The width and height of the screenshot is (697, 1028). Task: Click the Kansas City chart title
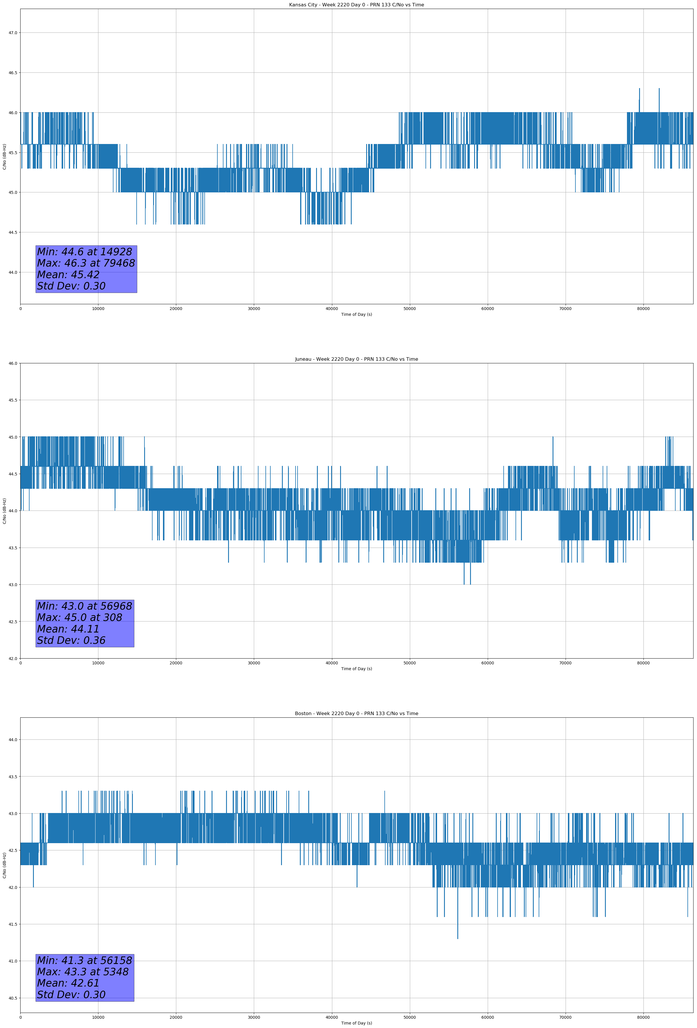point(356,5)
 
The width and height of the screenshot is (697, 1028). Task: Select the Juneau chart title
point(356,359)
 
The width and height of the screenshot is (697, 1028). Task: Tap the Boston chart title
point(356,714)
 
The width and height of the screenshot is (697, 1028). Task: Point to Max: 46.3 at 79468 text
point(86,263)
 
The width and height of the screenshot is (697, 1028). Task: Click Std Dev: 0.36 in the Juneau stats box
point(71,641)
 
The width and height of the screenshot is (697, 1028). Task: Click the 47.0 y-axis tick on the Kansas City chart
point(13,33)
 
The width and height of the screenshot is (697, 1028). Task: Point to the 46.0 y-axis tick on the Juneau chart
point(13,364)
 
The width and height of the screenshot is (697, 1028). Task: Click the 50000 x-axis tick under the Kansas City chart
point(410,309)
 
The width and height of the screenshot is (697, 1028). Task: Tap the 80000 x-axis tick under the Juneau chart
point(643,663)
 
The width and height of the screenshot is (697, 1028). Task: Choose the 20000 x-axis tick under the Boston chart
point(176,1017)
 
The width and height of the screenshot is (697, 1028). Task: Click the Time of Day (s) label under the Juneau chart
point(356,669)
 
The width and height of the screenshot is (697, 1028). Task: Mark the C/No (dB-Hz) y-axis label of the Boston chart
point(4,865)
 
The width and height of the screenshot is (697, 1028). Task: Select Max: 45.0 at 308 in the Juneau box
point(80,617)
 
